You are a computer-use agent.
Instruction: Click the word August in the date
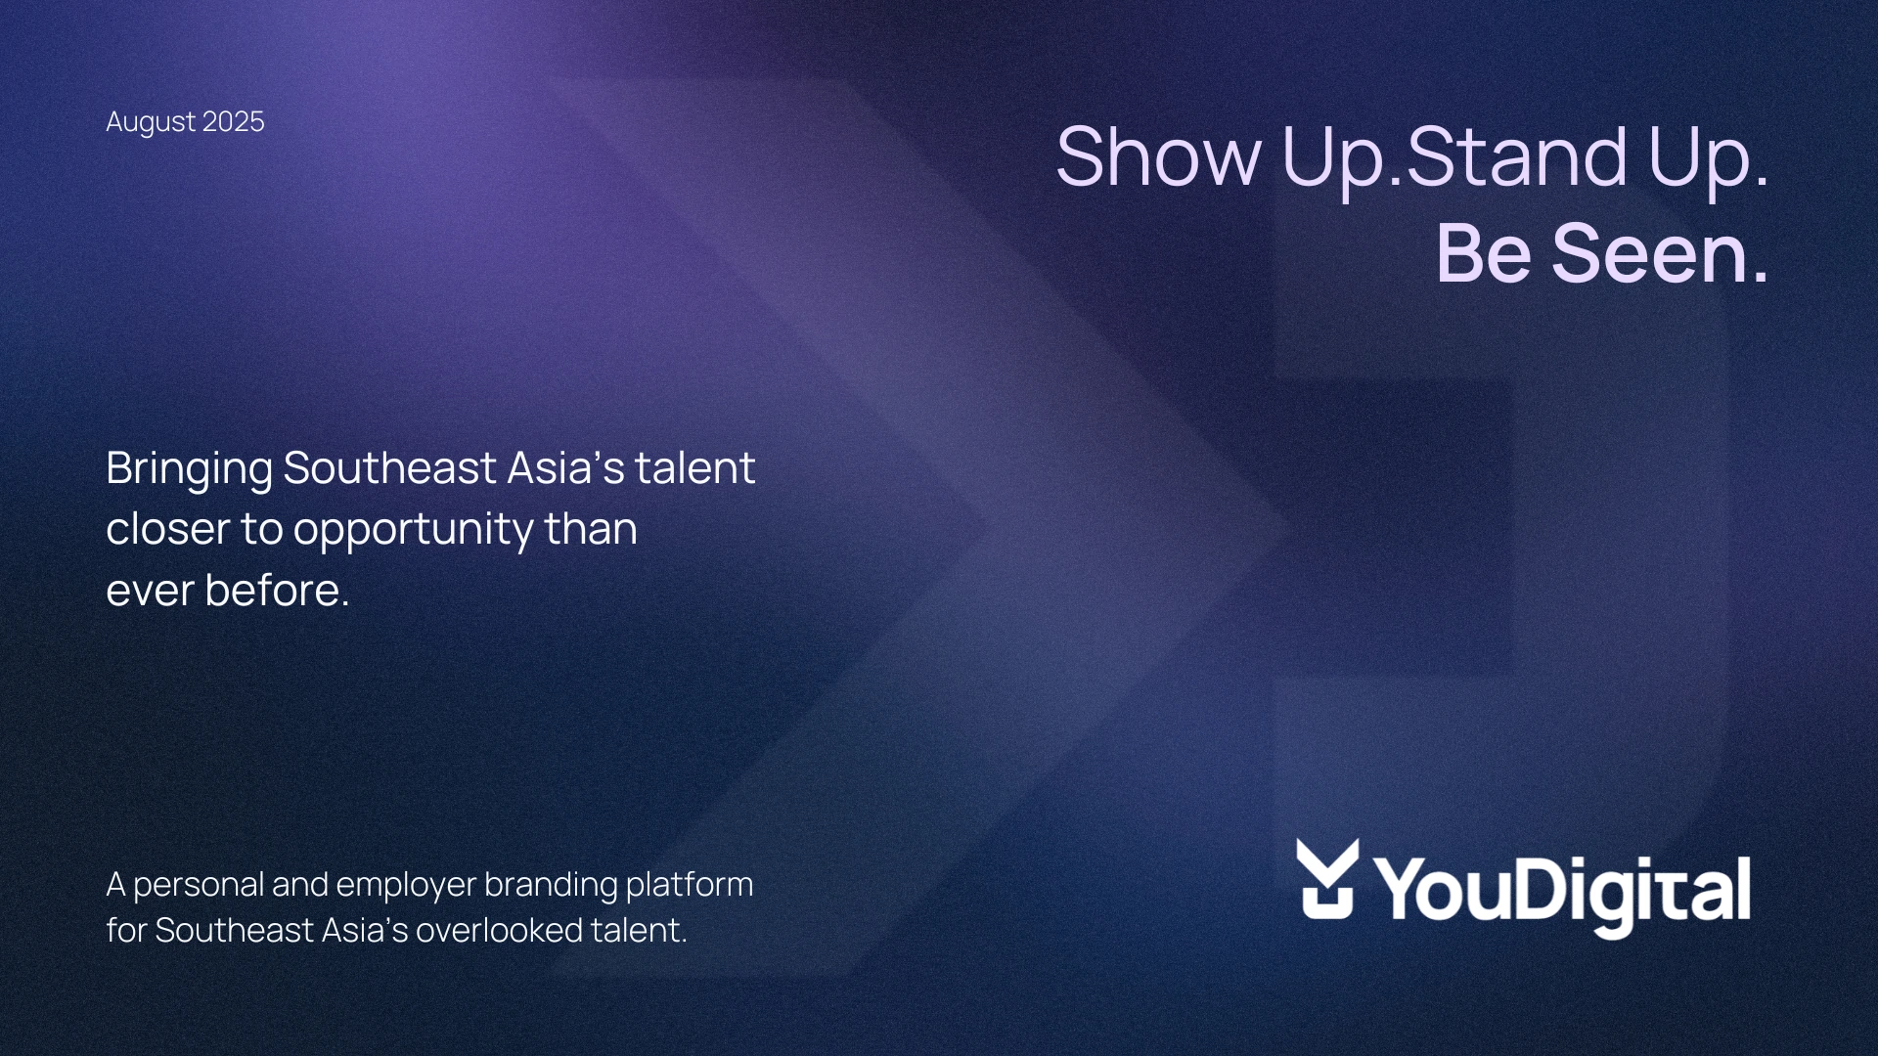(x=151, y=122)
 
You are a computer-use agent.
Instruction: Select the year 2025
(x=234, y=121)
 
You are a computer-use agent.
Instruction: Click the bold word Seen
(x=1660, y=253)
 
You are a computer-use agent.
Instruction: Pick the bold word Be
(x=1484, y=253)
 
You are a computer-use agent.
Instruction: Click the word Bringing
(x=189, y=469)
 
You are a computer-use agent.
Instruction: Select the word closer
(x=167, y=529)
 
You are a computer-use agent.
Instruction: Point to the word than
(x=591, y=529)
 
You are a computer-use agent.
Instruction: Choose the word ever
(x=150, y=592)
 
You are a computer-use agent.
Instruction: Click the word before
(x=277, y=590)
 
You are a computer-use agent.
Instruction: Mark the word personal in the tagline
(x=199, y=886)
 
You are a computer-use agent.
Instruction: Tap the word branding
(x=551, y=886)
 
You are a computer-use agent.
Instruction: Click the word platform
(x=690, y=886)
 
